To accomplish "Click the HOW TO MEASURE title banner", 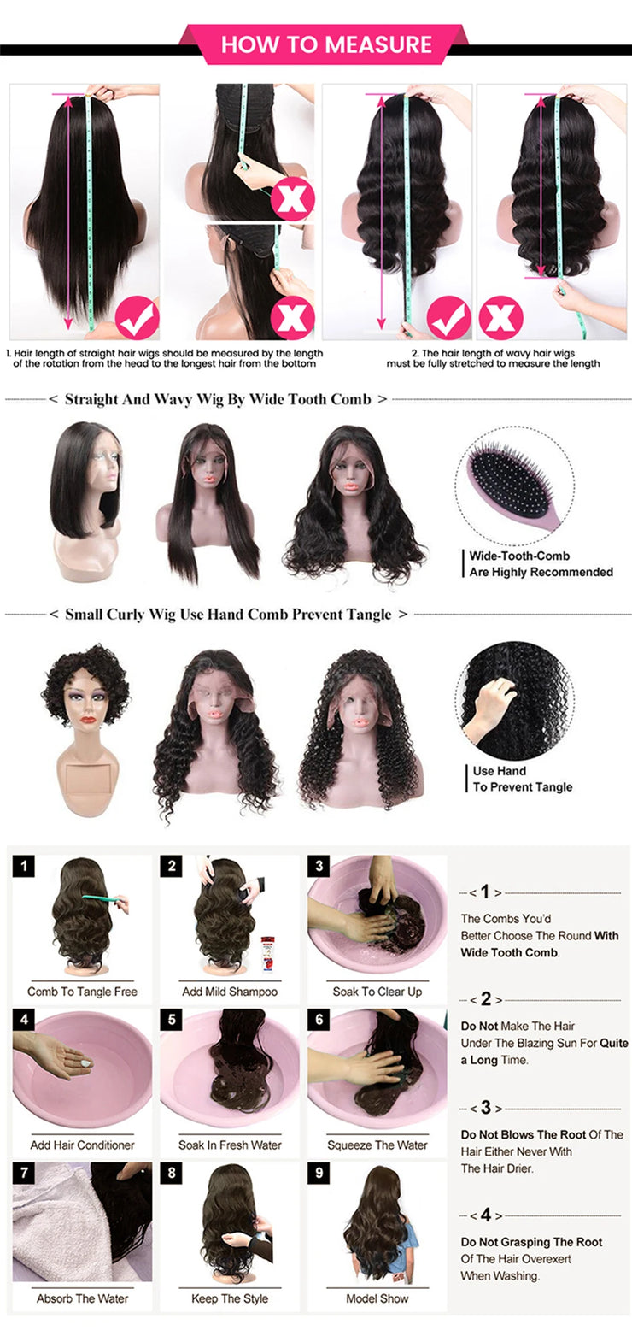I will [326, 44].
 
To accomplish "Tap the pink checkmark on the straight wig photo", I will [137, 318].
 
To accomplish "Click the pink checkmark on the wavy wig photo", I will [448, 318].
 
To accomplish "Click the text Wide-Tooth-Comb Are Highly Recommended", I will [541, 564].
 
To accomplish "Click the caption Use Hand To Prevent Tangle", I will [522, 779].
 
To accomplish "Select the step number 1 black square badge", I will [26, 867].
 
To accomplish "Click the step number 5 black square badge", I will [173, 1020].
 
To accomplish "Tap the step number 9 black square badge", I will [320, 1173].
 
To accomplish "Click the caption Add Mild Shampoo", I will [230, 992].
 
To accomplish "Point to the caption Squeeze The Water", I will [377, 1145].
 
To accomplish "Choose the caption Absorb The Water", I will [82, 1298].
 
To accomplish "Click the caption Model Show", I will [377, 1298].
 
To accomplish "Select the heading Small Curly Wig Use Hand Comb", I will [228, 615].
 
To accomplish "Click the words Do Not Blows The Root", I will [524, 1134].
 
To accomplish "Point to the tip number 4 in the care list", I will [485, 1215].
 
